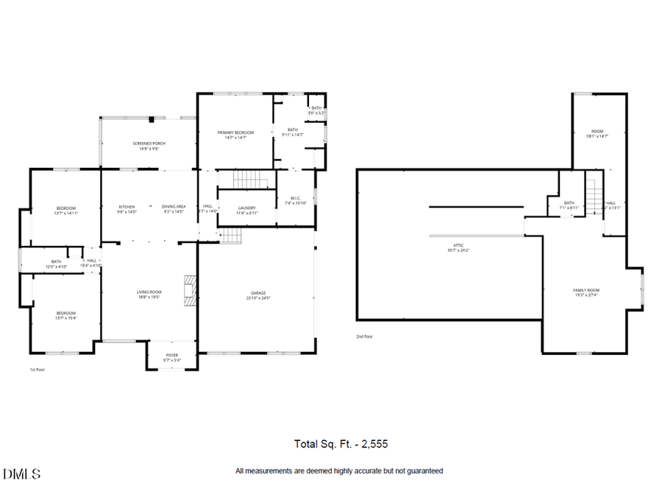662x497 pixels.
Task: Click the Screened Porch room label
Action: [x=149, y=143]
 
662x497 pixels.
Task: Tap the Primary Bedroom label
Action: [x=235, y=133]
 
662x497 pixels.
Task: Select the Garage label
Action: [x=257, y=293]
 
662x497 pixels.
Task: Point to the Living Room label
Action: [x=149, y=292]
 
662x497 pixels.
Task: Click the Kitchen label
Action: [x=127, y=207]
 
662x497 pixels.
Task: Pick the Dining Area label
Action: [x=174, y=207]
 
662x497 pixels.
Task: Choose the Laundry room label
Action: [x=247, y=208]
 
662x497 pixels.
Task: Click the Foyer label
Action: [x=171, y=355]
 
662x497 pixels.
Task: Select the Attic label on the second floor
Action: [x=459, y=245]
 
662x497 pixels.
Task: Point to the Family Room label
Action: [x=586, y=290]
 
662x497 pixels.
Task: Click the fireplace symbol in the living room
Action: [x=191, y=289]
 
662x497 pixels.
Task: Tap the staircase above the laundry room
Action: [x=247, y=179]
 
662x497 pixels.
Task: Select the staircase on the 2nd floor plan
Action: [x=594, y=197]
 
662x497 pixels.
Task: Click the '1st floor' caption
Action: [x=37, y=370]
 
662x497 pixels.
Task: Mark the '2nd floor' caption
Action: [x=364, y=336]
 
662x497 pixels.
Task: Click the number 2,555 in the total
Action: [x=372, y=444]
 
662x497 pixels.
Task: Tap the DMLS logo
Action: [x=22, y=473]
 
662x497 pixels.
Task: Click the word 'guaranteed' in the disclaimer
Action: [x=424, y=470]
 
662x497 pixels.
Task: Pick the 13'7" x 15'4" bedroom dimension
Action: [x=66, y=318]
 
